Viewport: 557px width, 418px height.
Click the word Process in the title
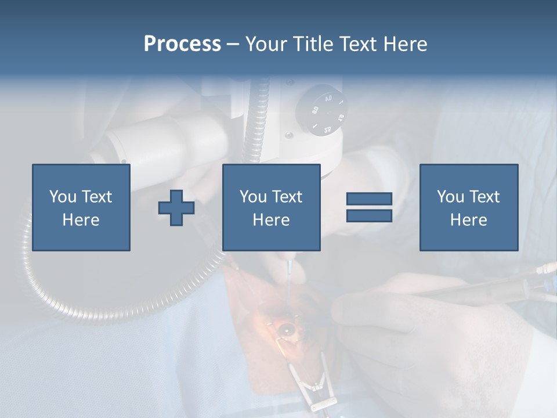tap(182, 44)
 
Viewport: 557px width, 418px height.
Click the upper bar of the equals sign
tap(369, 199)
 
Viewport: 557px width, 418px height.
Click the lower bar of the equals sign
tap(369, 216)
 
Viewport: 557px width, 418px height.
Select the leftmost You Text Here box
tap(81, 208)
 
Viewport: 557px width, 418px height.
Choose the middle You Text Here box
tap(272, 208)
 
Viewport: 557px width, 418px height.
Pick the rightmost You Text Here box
tap(469, 208)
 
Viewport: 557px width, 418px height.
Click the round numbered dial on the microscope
tap(321, 110)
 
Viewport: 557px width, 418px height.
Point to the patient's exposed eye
tap(286, 330)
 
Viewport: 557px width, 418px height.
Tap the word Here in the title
tap(404, 44)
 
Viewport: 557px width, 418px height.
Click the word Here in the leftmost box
tap(81, 220)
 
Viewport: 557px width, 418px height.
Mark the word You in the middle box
tap(253, 197)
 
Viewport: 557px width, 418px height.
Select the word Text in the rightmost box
tap(483, 197)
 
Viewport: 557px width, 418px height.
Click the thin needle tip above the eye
tap(288, 273)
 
